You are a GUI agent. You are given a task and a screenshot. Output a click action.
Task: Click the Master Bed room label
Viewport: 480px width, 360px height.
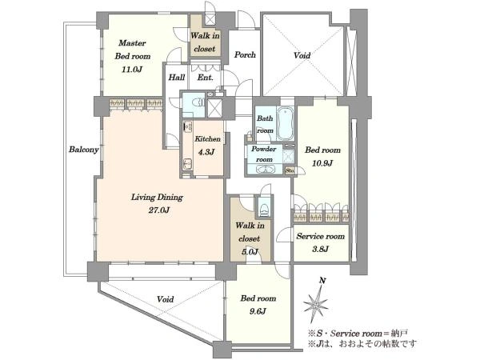point(133,50)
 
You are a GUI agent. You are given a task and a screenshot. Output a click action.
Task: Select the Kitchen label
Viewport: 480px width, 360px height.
point(207,138)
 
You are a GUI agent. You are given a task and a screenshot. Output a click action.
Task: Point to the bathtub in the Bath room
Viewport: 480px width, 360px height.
point(285,123)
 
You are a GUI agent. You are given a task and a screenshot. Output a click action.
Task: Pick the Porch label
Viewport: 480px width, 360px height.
point(245,54)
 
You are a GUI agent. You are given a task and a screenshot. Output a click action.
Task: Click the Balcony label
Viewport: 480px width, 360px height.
point(83,150)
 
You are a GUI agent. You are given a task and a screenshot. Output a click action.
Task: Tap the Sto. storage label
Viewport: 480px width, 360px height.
point(290,170)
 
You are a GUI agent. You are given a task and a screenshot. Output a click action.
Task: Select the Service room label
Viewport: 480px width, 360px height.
point(321,236)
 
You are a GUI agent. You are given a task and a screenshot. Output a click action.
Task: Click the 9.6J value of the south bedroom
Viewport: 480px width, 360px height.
point(258,311)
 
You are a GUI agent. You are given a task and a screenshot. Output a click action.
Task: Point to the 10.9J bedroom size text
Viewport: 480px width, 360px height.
point(322,163)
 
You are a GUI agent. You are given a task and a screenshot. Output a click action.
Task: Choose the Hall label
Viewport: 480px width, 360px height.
point(177,78)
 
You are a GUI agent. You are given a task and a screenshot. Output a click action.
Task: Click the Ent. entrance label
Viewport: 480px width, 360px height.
point(205,78)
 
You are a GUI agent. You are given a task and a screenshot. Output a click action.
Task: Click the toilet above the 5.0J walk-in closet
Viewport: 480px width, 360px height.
point(263,206)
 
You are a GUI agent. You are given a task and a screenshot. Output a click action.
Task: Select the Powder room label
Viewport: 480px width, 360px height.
point(264,154)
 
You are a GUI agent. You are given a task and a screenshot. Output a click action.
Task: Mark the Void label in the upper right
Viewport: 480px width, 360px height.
point(302,55)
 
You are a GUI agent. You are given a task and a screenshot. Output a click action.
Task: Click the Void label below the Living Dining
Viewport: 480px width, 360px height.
point(166,299)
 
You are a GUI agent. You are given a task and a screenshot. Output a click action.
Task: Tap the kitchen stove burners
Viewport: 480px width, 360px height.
point(188,126)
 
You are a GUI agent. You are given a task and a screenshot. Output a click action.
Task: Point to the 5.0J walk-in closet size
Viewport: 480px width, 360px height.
point(249,252)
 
